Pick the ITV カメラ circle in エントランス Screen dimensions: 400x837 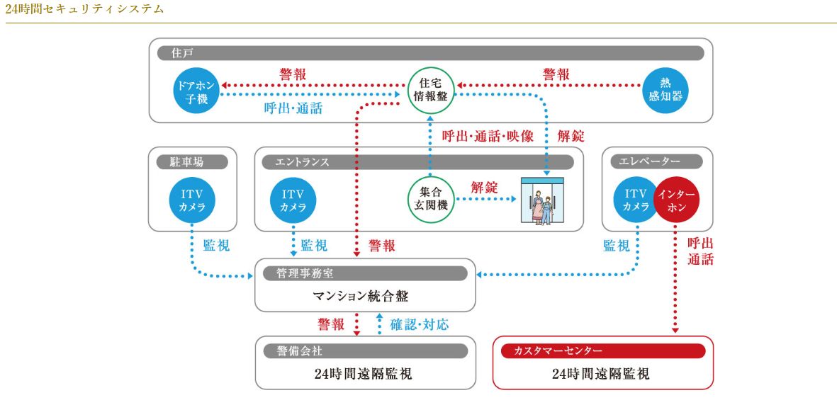coord(293,200)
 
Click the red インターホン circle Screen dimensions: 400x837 coord(676,200)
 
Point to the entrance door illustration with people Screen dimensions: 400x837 coord(542,200)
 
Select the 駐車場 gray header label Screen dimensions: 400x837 coord(192,162)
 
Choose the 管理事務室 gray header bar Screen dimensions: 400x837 coord(364,273)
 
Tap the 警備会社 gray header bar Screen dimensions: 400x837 coord(364,351)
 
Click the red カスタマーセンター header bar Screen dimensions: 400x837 coord(602,351)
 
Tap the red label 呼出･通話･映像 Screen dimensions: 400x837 coord(488,137)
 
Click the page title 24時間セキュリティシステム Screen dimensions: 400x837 coord(84,8)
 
